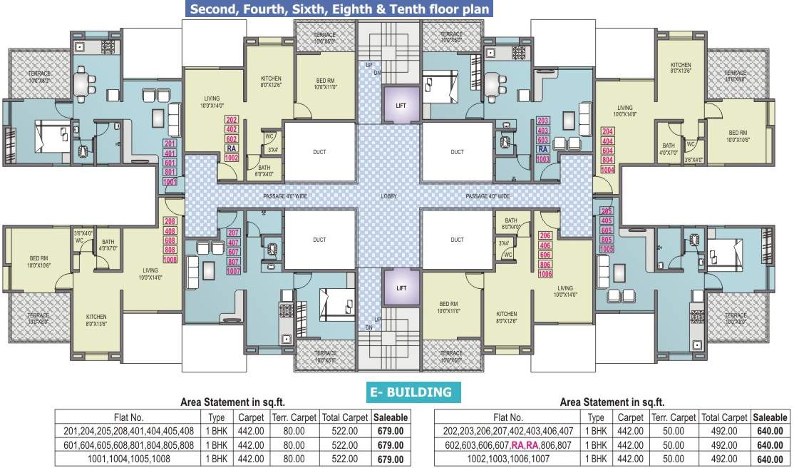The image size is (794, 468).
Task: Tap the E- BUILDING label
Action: pos(410,392)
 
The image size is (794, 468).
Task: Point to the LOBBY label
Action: pos(388,196)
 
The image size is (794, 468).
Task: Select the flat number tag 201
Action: pos(170,143)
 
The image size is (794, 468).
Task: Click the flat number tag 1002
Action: pos(232,158)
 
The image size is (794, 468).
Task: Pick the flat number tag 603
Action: pos(543,140)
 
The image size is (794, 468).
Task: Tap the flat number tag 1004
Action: pos(607,170)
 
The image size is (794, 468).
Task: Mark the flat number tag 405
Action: pos(607,221)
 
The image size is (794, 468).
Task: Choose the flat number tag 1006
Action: pos(545,274)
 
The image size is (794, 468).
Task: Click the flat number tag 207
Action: pos(233,233)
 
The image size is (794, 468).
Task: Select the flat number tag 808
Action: pos(170,250)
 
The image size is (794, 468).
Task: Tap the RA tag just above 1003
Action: pos(543,149)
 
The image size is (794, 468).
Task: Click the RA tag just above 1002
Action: pos(232,148)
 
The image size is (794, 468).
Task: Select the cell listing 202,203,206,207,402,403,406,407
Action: pos(507,430)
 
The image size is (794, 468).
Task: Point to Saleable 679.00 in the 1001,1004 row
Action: pos(390,459)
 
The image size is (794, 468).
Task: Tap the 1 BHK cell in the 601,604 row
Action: pos(216,444)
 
